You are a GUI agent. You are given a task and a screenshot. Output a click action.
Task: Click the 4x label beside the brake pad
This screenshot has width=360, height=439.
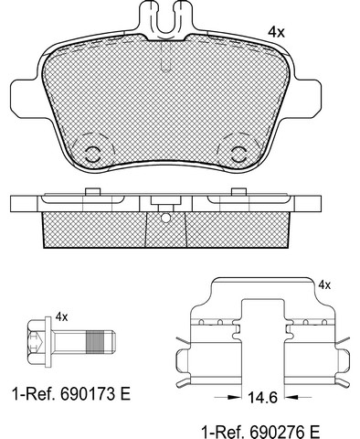tap(276, 32)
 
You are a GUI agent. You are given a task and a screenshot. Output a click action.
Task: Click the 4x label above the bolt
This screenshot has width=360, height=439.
tap(61, 317)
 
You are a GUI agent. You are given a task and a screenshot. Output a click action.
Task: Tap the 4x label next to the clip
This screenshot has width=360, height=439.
tap(324, 285)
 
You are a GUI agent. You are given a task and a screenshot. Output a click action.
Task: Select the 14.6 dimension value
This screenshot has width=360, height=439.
tap(262, 397)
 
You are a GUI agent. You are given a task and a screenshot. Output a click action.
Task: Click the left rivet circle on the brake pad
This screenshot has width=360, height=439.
tap(92, 155)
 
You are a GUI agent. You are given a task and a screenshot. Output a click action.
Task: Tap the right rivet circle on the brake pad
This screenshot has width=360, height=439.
tap(238, 155)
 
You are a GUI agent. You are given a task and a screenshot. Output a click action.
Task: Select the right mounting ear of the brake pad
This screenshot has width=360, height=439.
tap(307, 97)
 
